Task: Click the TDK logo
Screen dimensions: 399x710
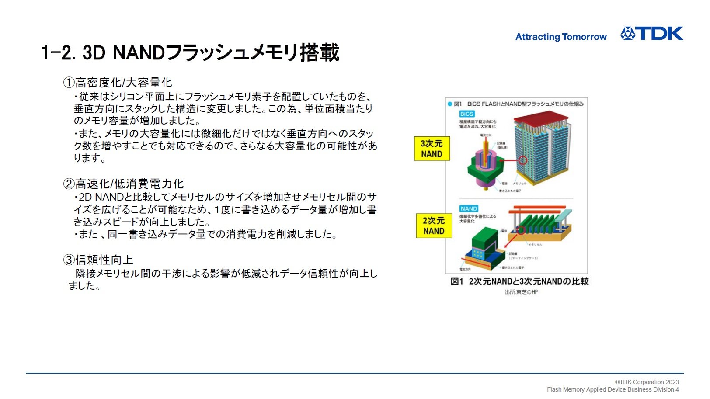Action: [651, 34]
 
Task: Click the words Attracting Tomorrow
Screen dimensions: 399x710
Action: [561, 37]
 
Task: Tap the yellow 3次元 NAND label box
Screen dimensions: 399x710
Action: [432, 149]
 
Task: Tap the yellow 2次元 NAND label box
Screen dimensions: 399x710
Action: [433, 226]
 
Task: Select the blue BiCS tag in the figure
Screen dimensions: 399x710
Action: [466, 114]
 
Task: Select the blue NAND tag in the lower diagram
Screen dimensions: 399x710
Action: [469, 208]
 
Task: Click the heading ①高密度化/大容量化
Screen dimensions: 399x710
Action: [118, 82]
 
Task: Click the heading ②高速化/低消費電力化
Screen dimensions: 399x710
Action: [123, 184]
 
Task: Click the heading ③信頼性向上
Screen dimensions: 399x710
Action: [98, 260]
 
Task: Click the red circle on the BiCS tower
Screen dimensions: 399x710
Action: [522, 160]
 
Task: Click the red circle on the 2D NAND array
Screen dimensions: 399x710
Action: [521, 230]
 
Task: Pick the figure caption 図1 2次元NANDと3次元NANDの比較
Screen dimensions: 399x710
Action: [519, 281]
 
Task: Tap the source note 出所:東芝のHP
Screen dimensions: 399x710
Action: [521, 292]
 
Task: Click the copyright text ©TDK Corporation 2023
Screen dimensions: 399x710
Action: [647, 382]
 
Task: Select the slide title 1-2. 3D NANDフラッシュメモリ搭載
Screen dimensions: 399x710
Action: [190, 52]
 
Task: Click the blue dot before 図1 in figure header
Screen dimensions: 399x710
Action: [449, 104]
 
